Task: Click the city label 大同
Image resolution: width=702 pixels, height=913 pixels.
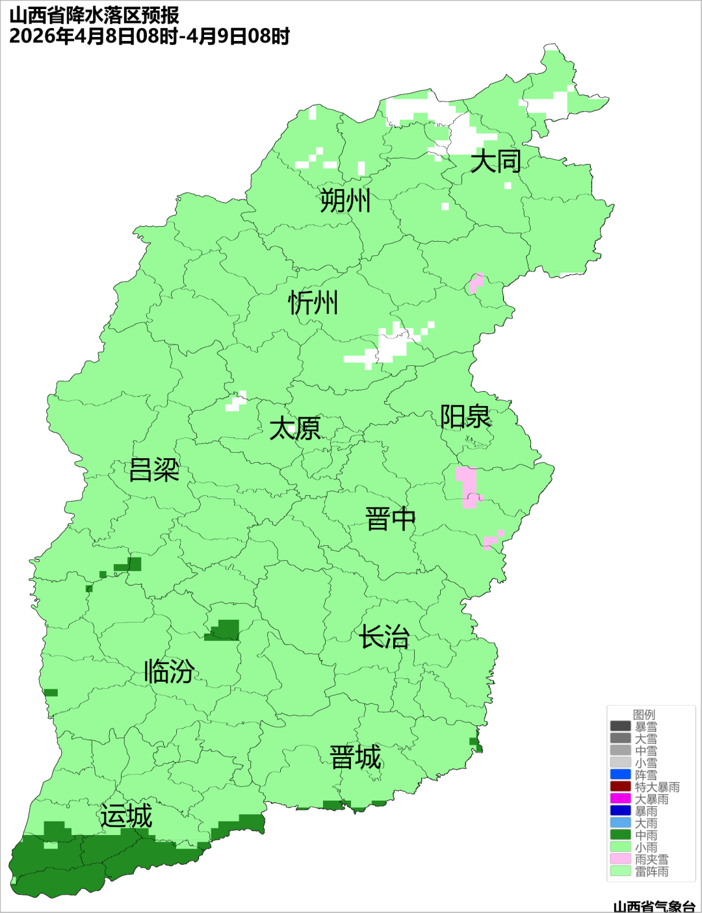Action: tap(495, 161)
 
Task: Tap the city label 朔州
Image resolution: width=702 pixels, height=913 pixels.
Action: tap(345, 201)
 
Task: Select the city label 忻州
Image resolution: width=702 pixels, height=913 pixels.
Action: tap(313, 303)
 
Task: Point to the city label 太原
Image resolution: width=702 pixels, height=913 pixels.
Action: tap(295, 429)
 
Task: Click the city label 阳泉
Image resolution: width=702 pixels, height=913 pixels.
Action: tap(465, 417)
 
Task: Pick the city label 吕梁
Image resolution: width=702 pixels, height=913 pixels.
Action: tap(154, 470)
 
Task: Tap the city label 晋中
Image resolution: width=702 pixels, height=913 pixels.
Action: tap(390, 519)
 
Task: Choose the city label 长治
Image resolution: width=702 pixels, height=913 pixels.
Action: tap(385, 637)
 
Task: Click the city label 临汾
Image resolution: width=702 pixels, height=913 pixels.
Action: tap(169, 671)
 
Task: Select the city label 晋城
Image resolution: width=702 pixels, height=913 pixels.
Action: tap(356, 758)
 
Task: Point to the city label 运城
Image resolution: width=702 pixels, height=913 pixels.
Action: tap(126, 816)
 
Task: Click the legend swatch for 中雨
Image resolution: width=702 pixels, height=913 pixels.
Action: tap(620, 835)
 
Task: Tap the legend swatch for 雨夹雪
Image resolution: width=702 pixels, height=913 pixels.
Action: tap(620, 859)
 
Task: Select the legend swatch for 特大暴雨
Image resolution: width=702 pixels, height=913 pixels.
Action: tap(620, 787)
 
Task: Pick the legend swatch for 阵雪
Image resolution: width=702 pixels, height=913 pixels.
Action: tap(620, 775)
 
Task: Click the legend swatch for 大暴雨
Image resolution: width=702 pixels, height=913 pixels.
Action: tap(620, 799)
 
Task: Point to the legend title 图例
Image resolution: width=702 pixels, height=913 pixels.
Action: tap(644, 714)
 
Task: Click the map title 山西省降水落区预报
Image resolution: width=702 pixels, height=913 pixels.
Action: tap(94, 16)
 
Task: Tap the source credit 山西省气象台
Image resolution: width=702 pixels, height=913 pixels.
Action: tap(654, 906)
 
